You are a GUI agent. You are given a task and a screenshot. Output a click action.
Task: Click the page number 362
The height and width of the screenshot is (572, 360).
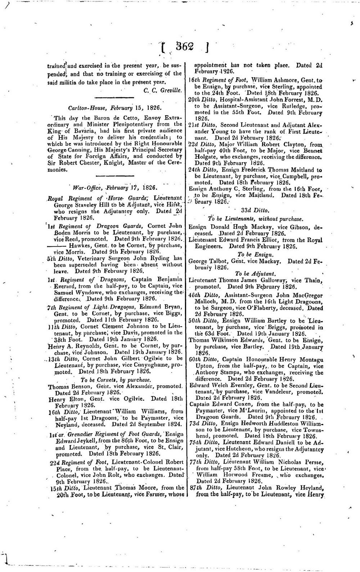coord(185,47)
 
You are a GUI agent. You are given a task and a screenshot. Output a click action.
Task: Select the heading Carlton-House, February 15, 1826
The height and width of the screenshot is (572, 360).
coord(115,108)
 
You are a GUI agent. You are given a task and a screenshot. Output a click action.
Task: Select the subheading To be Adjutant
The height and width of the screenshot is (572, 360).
coord(256,274)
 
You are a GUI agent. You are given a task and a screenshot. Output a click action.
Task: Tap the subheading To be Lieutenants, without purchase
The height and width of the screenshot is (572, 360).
coord(256,219)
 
